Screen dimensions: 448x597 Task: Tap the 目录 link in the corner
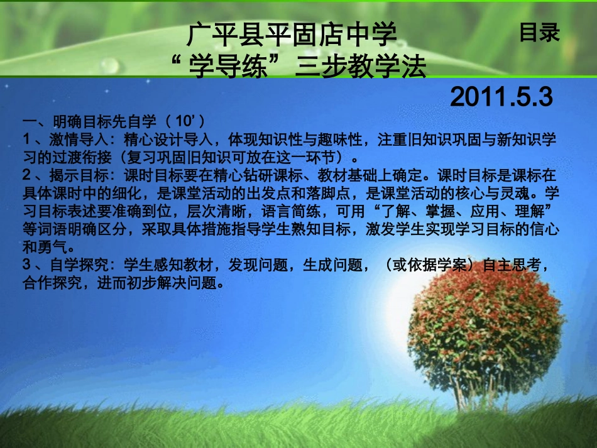539,33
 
